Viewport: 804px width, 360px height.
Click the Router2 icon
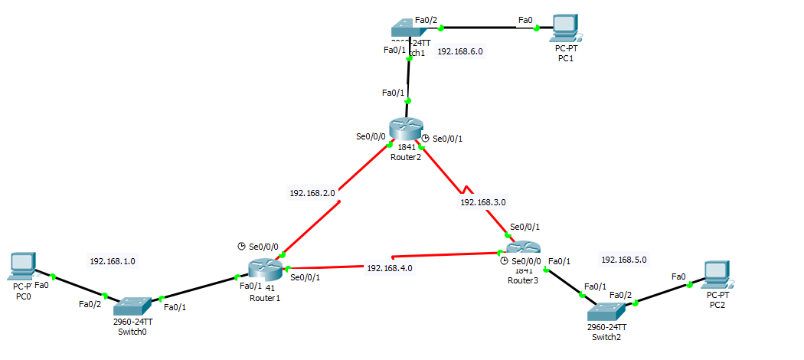(405, 129)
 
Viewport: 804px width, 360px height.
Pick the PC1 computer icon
(565, 27)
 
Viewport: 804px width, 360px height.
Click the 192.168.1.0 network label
(113, 261)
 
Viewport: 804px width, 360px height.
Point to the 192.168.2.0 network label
(312, 193)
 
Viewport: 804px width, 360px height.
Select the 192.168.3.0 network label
(482, 202)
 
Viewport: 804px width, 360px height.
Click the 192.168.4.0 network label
(390, 268)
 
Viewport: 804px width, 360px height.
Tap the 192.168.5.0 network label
(624, 260)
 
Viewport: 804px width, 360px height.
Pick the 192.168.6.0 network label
(460, 51)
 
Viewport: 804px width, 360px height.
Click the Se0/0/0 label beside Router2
(371, 136)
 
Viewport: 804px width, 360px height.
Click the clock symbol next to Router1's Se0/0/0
(241, 246)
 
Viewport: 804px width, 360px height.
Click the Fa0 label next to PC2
(678, 277)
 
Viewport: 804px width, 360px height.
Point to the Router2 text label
(405, 156)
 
